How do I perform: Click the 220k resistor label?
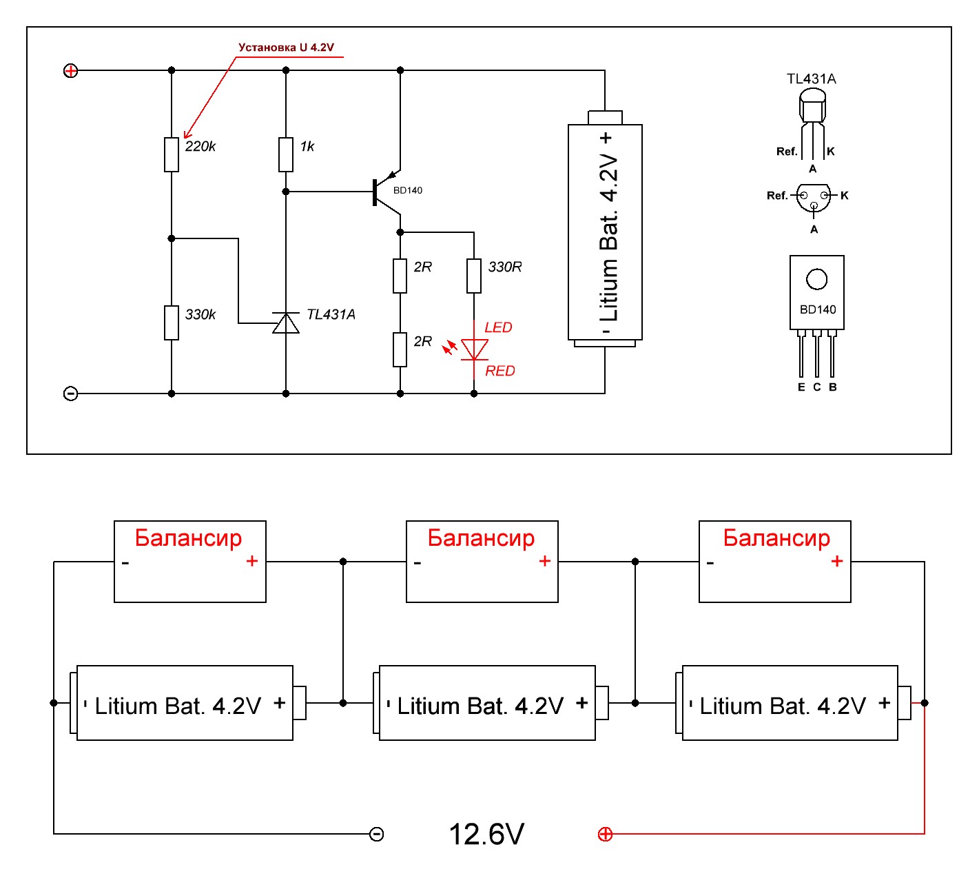coord(200,146)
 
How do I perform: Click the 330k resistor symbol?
coord(172,323)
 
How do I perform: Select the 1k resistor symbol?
coord(286,154)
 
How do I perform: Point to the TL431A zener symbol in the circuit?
coord(286,323)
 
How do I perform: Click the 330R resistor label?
coord(505,267)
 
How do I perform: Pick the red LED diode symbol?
coord(474,349)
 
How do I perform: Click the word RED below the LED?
coord(500,371)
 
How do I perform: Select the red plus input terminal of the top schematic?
coord(70,70)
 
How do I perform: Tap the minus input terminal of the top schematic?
coord(70,394)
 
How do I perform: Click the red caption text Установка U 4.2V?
coord(286,48)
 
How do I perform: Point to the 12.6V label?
coord(486,834)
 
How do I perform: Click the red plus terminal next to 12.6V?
coord(605,835)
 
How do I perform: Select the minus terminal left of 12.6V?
coord(376,835)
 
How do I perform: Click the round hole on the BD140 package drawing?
coord(816,279)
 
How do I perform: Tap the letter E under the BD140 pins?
coord(801,387)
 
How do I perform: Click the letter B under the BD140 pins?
coord(833,387)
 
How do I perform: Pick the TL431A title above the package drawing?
coord(812,79)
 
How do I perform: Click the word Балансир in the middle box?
coord(481,538)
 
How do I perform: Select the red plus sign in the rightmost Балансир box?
coord(837,561)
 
